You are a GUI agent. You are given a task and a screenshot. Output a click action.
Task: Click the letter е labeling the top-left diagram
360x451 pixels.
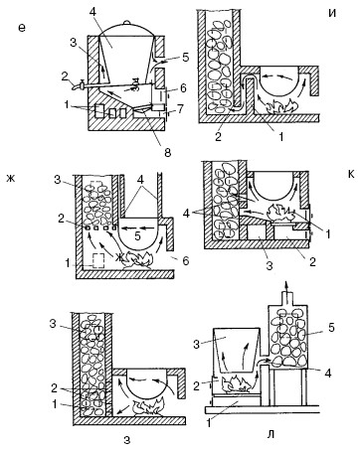(22, 28)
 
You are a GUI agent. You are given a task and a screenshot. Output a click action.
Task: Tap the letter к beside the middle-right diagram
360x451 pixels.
(351, 174)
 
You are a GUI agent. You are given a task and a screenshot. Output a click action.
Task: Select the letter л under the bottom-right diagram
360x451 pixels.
(270, 434)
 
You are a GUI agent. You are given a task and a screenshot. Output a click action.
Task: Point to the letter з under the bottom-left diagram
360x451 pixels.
(127, 440)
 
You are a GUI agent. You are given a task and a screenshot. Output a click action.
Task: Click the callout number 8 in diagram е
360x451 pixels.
(167, 153)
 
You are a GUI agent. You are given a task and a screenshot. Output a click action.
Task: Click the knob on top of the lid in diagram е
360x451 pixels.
(125, 23)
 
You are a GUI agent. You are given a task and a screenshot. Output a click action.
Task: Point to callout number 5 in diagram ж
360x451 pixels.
(138, 236)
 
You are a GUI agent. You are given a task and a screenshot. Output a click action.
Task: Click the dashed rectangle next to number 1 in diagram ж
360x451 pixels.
(98, 260)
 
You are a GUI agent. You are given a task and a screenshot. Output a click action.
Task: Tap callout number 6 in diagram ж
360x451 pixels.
(185, 261)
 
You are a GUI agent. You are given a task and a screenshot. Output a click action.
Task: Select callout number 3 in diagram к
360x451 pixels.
(270, 265)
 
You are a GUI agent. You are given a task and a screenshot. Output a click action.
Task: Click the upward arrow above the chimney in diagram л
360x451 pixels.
(287, 286)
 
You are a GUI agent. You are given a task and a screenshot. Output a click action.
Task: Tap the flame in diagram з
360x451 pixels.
(149, 407)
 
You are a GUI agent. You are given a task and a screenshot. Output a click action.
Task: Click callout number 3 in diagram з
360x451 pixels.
(53, 324)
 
